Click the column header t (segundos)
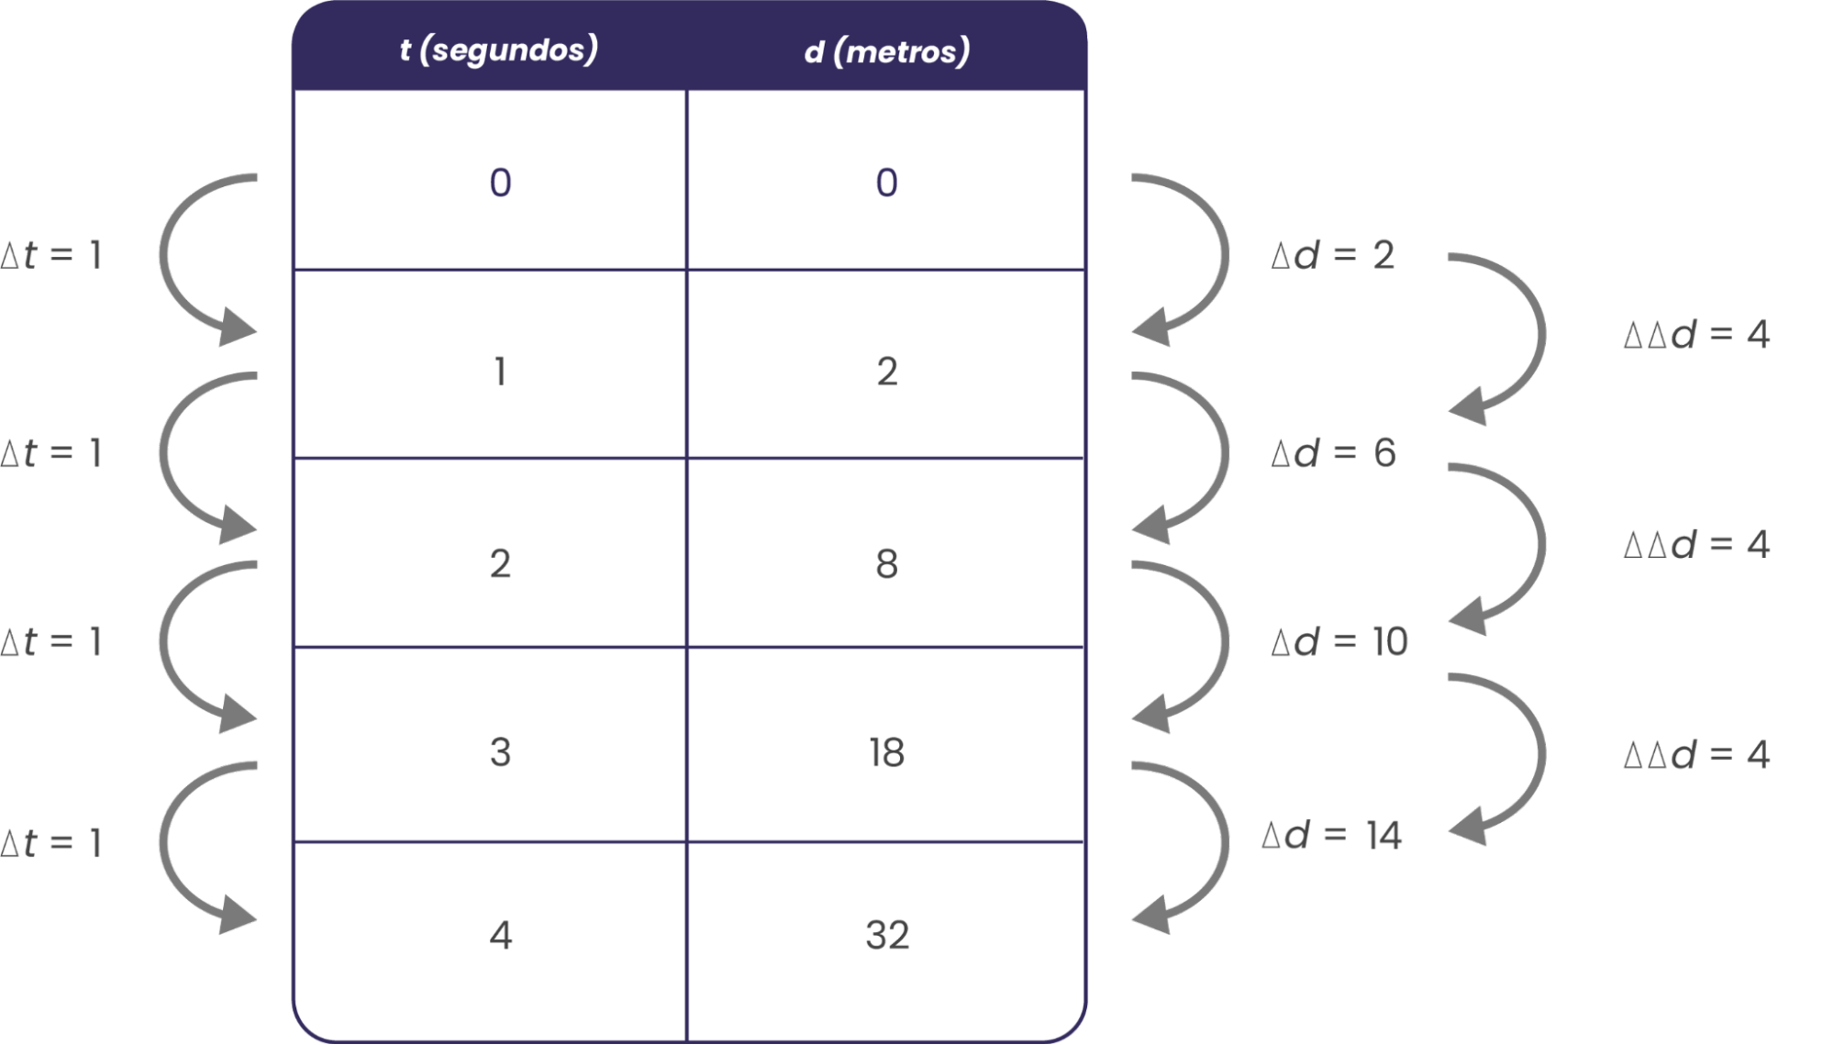point(498,50)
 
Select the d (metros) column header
point(886,51)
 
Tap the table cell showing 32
point(887,935)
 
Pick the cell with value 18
point(887,752)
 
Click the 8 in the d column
point(886,563)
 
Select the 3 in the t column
point(500,752)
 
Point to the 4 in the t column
point(500,935)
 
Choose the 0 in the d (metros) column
point(886,183)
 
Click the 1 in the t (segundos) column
point(500,372)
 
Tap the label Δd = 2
point(1333,255)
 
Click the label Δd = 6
point(1333,453)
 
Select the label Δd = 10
point(1339,642)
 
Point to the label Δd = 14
point(1332,836)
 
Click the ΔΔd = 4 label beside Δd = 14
point(1696,755)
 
